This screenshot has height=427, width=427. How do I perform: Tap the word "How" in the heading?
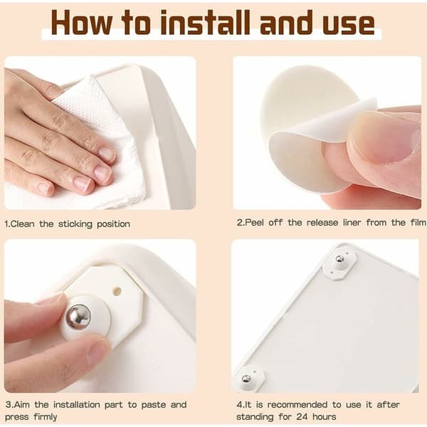coord(81,23)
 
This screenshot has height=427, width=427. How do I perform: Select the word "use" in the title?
coord(349,25)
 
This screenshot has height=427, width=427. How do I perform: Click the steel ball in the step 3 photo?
coord(78,317)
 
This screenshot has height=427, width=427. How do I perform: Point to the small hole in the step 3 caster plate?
coord(117,291)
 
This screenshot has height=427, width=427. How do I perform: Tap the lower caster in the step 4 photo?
coord(248,378)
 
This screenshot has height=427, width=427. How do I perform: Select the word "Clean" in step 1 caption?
coord(23,224)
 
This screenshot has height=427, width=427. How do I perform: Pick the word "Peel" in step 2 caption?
coord(254,223)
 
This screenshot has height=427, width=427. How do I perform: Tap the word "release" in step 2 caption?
coord(322,223)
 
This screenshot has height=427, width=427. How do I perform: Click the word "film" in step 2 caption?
coord(418,223)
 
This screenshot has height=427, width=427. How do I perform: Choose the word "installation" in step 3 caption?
coord(77,405)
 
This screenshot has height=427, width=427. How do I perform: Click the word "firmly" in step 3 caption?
coord(46,417)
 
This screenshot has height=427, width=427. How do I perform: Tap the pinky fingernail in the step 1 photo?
coord(44,188)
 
